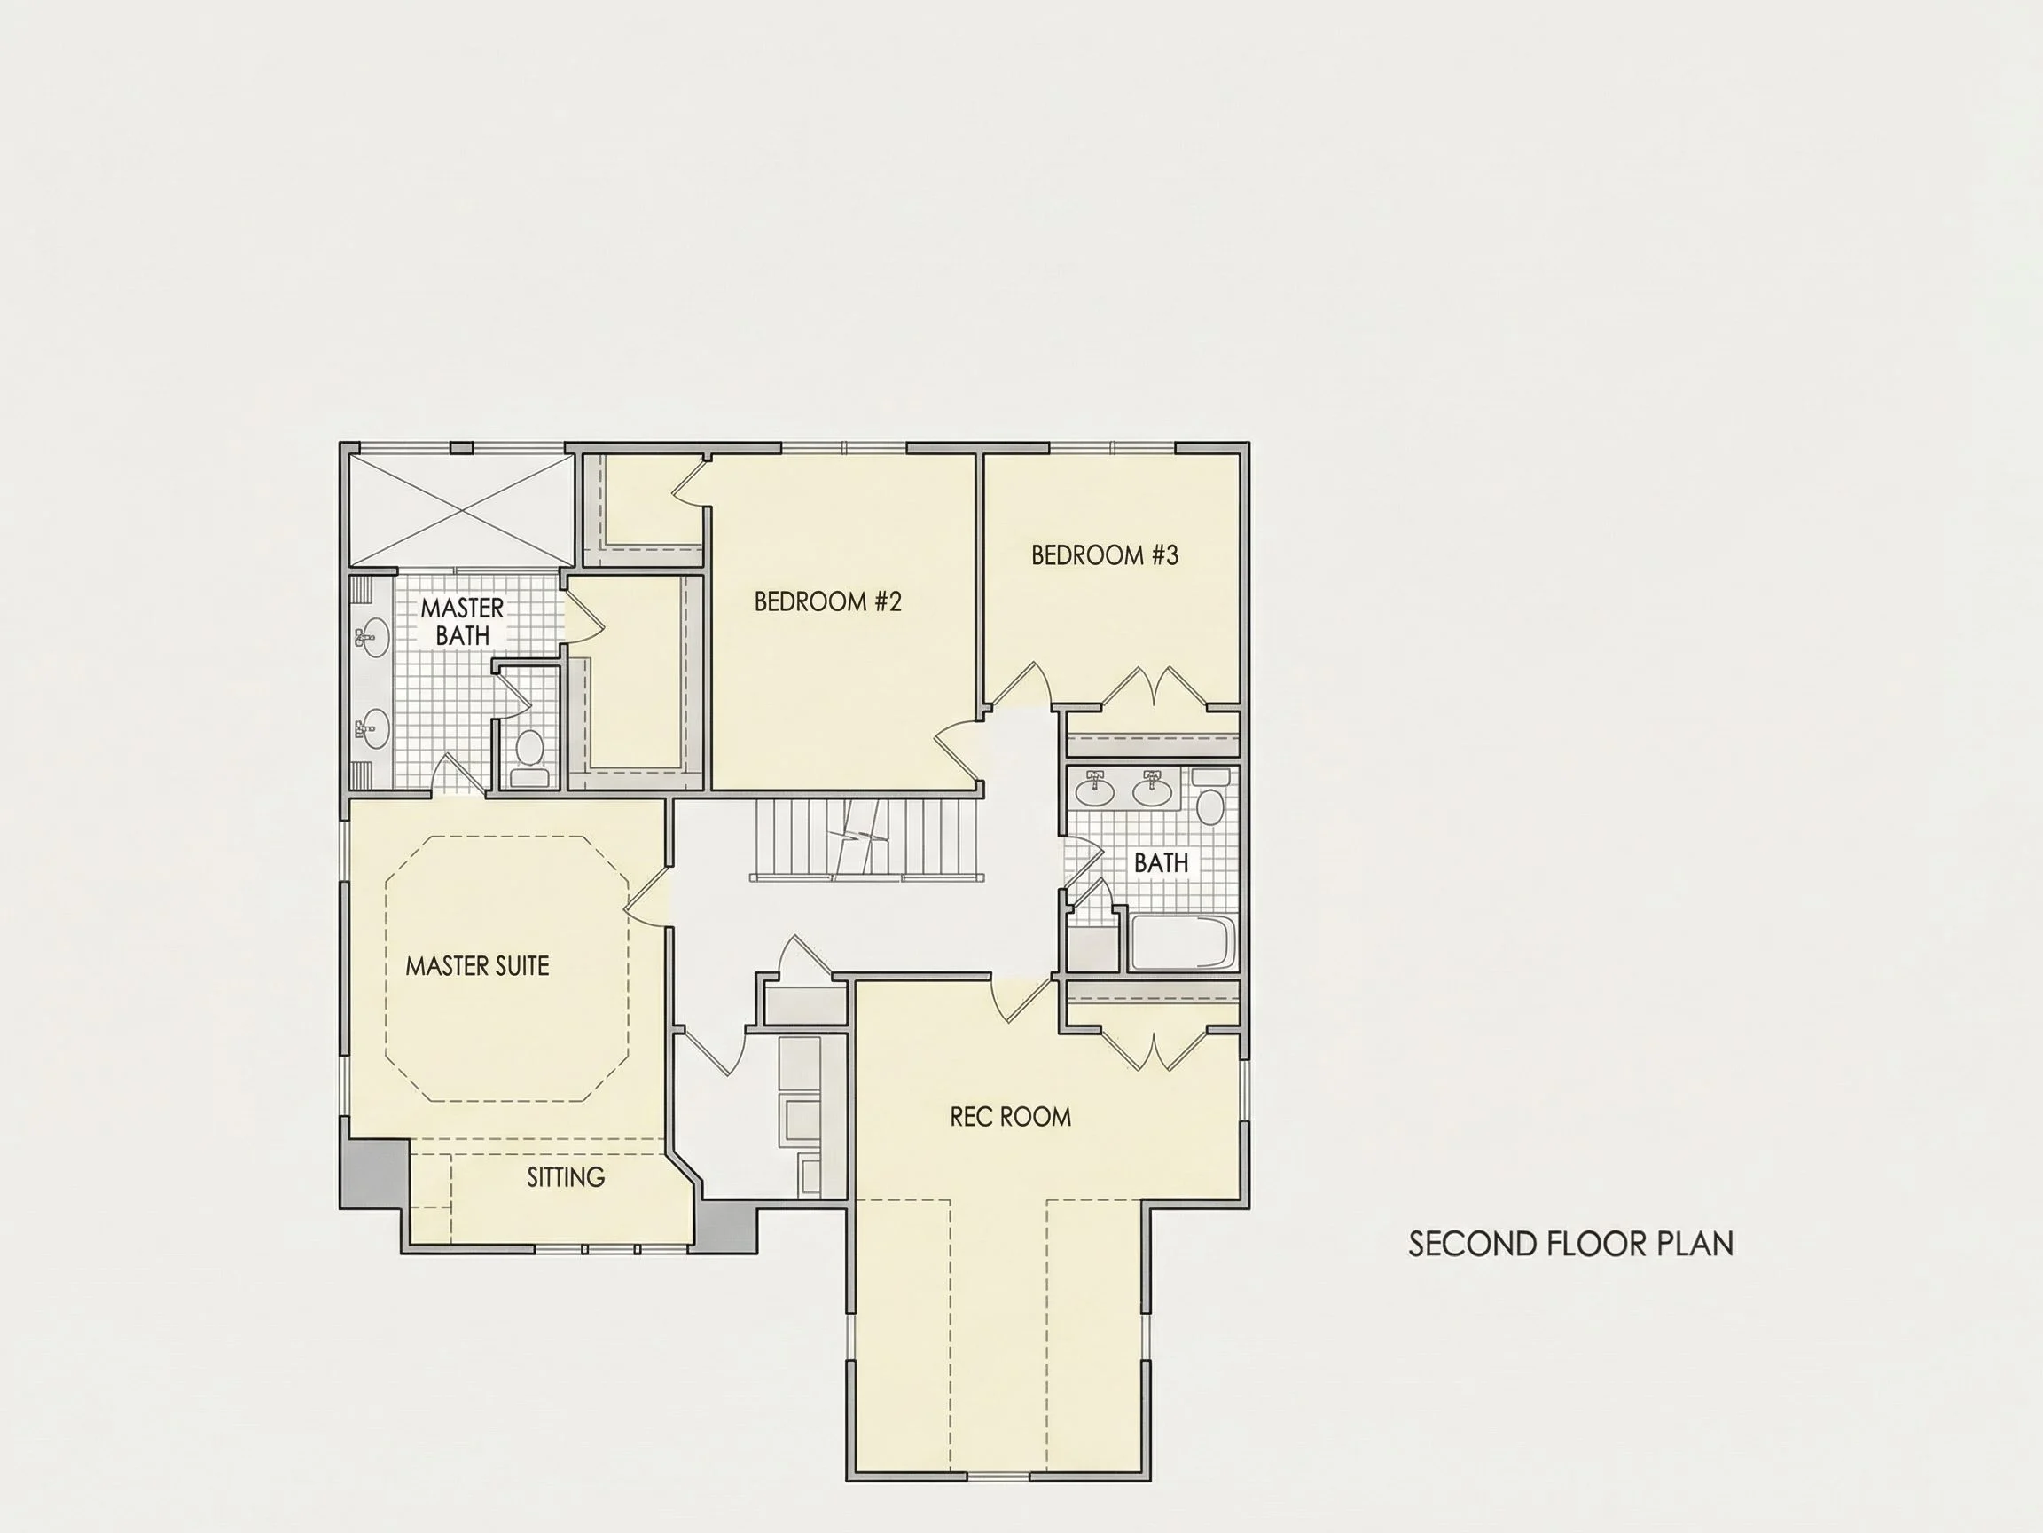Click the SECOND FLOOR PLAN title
point(1570,1244)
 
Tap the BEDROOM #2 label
point(827,601)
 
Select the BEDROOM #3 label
point(1105,554)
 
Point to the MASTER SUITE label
point(478,965)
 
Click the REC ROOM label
point(1011,1116)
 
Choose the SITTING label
point(566,1176)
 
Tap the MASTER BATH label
point(462,621)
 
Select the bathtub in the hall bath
point(1183,942)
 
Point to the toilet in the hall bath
point(1209,796)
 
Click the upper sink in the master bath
point(372,637)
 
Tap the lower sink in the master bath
point(372,727)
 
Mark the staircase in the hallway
point(865,839)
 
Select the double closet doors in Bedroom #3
point(1155,688)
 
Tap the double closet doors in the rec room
point(1155,1050)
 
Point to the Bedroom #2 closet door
point(689,483)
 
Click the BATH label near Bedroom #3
point(1161,862)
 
